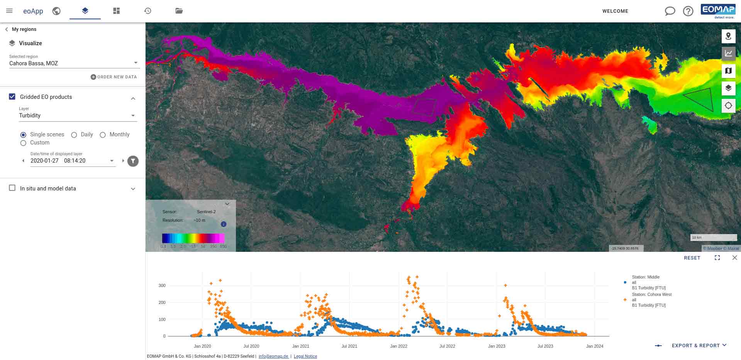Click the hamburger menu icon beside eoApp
(9, 11)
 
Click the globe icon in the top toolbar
(56, 11)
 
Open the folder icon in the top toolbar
(179, 11)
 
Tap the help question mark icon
(688, 11)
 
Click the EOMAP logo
(718, 11)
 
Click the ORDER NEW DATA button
(114, 77)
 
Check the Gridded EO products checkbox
(12, 97)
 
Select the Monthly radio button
(103, 135)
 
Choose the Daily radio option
(74, 135)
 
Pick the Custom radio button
(23, 143)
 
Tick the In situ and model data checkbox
(12, 188)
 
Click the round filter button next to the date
(133, 161)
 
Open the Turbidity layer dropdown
(77, 115)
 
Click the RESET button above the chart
(692, 258)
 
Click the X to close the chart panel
(734, 258)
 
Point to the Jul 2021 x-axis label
(349, 346)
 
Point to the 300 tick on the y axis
(162, 285)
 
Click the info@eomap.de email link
(273, 356)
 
